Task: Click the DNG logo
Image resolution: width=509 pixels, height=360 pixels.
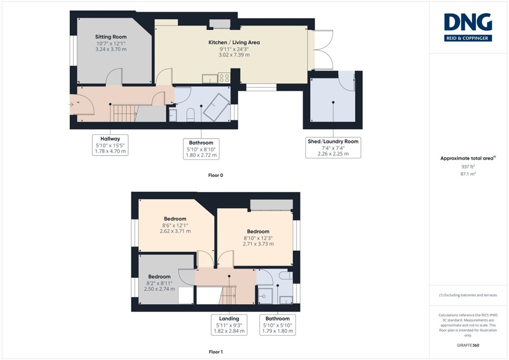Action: click(468, 27)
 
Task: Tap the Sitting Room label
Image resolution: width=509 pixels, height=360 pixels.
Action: click(111, 37)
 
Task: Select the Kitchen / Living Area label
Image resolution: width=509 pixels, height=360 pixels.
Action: click(234, 43)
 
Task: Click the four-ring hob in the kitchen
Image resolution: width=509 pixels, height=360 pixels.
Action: click(224, 78)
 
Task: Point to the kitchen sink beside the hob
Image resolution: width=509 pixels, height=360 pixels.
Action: click(210, 79)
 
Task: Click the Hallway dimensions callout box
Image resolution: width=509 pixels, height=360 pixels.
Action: click(110, 145)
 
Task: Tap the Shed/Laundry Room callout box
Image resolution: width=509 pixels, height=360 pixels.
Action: click(333, 148)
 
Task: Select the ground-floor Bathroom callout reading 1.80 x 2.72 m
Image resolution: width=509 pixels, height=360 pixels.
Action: click(201, 149)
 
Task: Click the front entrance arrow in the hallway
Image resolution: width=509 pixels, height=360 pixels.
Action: click(71, 105)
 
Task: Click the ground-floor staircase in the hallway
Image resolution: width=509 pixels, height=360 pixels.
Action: click(124, 113)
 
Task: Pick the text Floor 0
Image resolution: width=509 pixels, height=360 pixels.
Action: click(215, 175)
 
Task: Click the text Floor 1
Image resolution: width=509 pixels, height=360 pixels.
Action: click(215, 352)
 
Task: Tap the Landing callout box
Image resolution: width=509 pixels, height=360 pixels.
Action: click(229, 325)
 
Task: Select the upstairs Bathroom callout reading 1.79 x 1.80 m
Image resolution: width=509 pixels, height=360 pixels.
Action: click(278, 325)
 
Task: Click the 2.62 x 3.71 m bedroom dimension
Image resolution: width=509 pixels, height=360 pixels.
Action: click(175, 231)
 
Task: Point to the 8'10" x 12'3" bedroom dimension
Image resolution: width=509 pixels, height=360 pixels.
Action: click(258, 238)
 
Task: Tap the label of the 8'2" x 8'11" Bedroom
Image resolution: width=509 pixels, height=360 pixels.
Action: click(159, 276)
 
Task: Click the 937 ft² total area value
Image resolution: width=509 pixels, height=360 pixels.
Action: click(468, 166)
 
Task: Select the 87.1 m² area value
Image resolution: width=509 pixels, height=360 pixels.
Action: click(468, 174)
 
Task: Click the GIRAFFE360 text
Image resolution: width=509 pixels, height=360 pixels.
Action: click(468, 345)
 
